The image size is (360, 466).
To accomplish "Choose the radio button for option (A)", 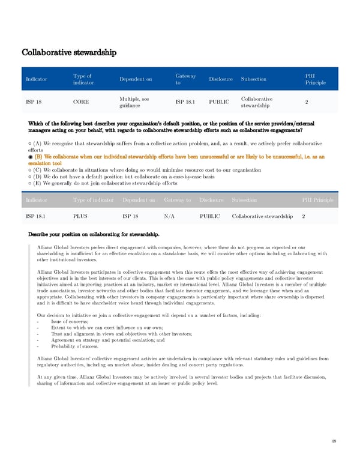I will [x=30, y=144].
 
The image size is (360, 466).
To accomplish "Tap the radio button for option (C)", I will [x=30, y=170].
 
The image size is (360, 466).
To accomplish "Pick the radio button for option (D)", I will [x=30, y=177].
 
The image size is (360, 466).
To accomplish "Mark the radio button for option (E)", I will [x=30, y=184].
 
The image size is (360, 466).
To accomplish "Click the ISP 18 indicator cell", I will [x=34, y=102].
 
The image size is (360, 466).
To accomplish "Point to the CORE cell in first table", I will [x=81, y=102].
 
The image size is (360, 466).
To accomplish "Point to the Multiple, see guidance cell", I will [x=134, y=102].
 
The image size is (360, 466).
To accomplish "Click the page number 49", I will [x=334, y=441].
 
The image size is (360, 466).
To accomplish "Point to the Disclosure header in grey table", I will [x=212, y=200].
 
